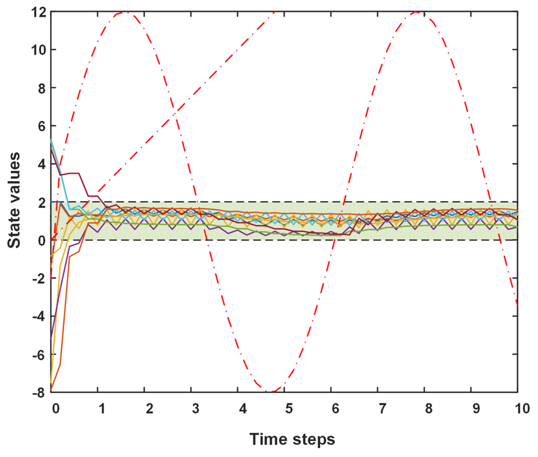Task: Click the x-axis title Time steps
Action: (x=291, y=439)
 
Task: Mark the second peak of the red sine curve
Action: (x=418, y=12)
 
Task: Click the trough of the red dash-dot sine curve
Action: (x=272, y=391)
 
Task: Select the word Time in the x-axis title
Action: (x=267, y=439)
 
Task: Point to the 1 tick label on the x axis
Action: (x=101, y=409)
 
